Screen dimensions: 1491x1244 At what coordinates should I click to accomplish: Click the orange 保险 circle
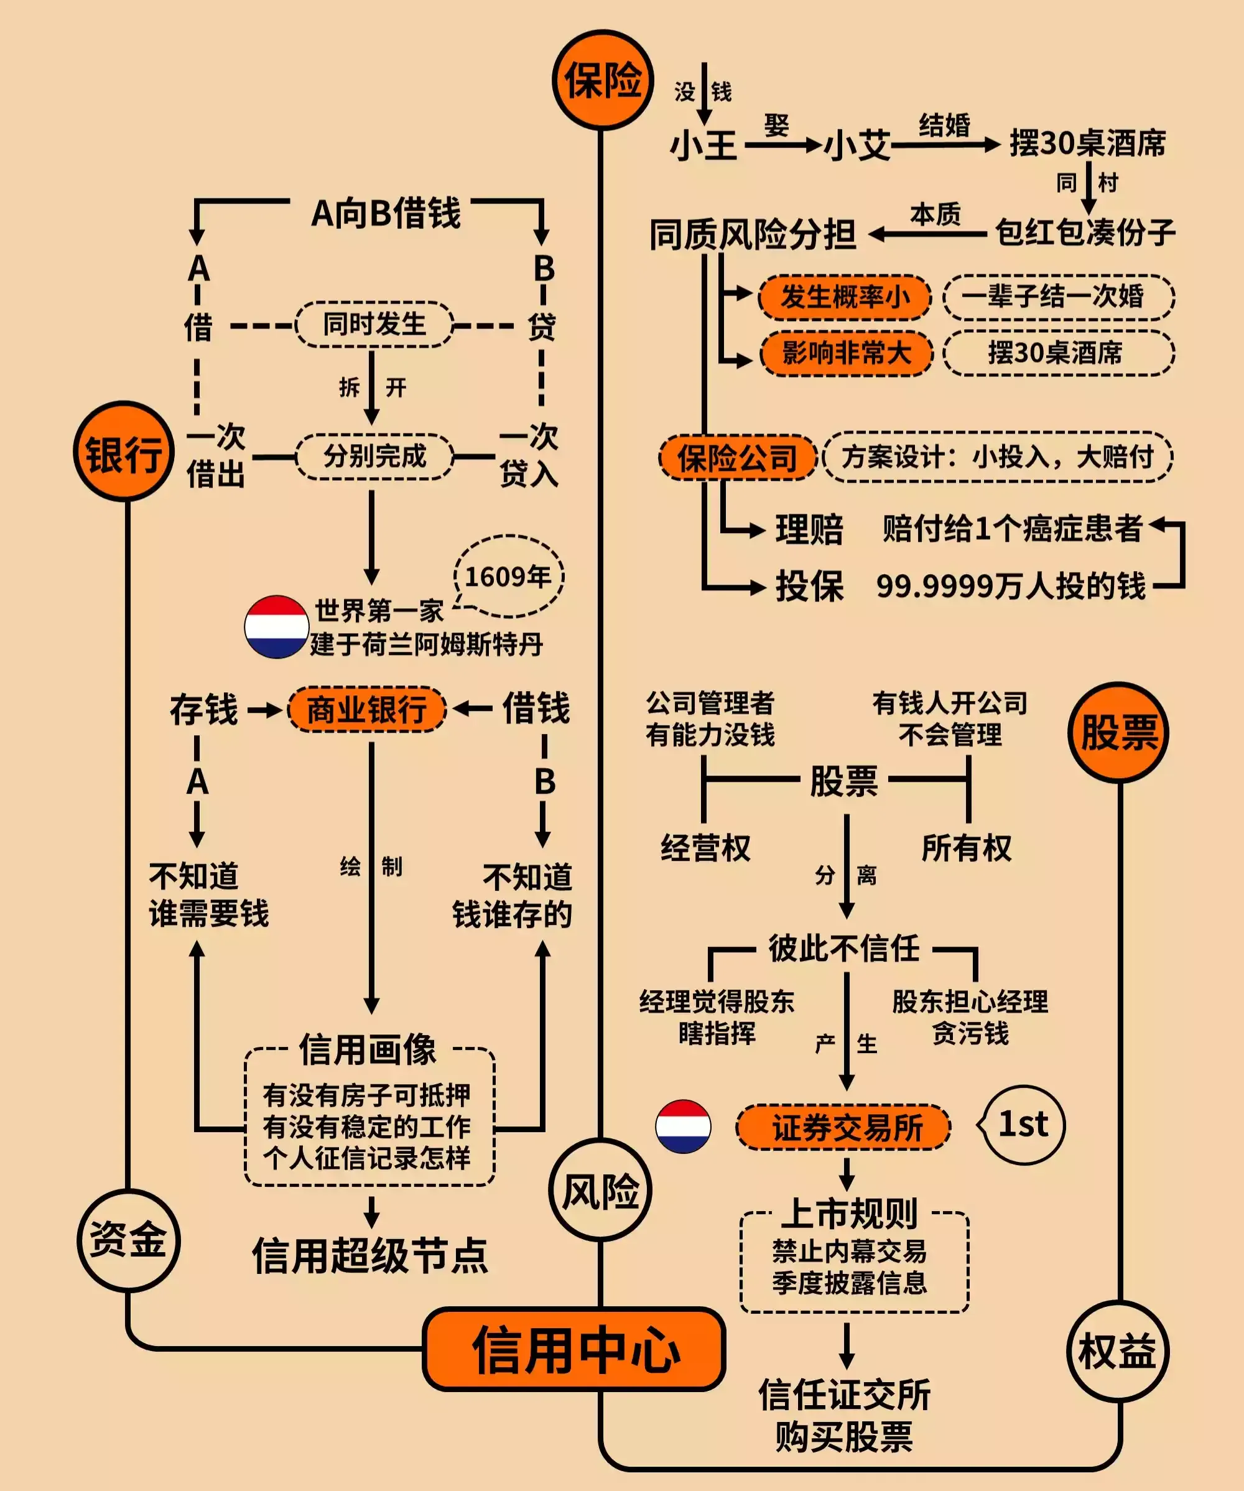(x=602, y=80)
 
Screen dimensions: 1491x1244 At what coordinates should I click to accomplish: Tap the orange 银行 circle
(x=124, y=452)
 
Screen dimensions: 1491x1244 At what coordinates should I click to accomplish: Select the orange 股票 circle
(x=1118, y=732)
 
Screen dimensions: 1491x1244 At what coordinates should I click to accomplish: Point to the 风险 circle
(x=600, y=1190)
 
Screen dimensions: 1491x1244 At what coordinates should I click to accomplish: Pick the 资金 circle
(x=128, y=1240)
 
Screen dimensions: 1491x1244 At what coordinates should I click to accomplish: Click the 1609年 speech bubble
(x=508, y=576)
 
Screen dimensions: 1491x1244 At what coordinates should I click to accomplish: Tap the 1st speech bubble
(x=1023, y=1125)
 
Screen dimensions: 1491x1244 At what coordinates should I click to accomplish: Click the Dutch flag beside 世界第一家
(x=276, y=626)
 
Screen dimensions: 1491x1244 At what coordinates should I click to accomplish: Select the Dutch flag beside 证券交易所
(x=683, y=1126)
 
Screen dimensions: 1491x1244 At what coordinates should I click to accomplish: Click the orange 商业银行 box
(x=366, y=708)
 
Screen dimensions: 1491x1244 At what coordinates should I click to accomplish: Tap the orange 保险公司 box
(x=737, y=457)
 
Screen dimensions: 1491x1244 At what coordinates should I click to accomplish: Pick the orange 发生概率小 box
(x=844, y=297)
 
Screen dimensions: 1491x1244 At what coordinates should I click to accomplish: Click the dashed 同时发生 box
(x=374, y=325)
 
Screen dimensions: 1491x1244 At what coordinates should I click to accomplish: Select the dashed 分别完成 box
(x=374, y=456)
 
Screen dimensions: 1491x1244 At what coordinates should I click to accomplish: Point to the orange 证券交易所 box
(x=843, y=1126)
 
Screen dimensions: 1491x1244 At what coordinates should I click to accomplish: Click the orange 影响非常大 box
(x=846, y=353)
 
